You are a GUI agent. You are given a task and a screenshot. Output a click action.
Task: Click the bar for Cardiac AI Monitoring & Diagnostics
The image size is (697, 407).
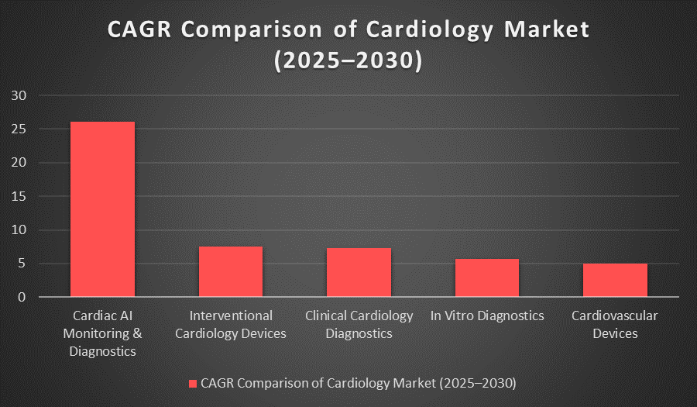(x=102, y=209)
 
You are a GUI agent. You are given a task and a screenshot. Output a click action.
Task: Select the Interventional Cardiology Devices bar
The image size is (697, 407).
(x=231, y=271)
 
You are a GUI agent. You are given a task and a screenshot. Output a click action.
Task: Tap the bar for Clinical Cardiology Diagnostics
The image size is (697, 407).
(x=359, y=272)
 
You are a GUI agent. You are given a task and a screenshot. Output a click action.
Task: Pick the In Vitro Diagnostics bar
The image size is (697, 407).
(x=487, y=278)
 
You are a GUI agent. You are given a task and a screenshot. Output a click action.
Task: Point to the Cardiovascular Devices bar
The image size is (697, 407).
(x=615, y=280)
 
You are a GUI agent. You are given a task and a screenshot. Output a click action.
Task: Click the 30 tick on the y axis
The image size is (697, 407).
(x=19, y=96)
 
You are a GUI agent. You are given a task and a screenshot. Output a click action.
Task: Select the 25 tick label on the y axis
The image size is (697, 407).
(x=19, y=129)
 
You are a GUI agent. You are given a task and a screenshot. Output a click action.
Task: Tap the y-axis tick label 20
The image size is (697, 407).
(x=19, y=163)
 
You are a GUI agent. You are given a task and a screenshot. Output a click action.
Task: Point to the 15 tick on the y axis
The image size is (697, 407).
(x=19, y=197)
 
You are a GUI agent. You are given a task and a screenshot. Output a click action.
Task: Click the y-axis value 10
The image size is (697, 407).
(x=19, y=230)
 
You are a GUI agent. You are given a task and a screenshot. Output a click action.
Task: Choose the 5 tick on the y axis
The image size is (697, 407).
(x=22, y=264)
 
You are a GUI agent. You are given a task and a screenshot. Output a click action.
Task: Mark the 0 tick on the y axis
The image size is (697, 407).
(x=22, y=297)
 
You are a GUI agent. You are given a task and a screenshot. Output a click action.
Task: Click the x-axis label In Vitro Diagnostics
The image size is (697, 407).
(x=487, y=316)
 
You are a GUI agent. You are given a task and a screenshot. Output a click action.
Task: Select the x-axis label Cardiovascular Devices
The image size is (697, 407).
(x=615, y=325)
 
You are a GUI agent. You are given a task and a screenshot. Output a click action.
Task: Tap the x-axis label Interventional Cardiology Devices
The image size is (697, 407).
(x=231, y=325)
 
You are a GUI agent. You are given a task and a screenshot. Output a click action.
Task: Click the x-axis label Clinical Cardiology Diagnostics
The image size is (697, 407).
(x=359, y=325)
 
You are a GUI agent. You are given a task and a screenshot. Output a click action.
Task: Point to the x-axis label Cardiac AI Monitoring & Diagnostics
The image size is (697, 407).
(x=102, y=333)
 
